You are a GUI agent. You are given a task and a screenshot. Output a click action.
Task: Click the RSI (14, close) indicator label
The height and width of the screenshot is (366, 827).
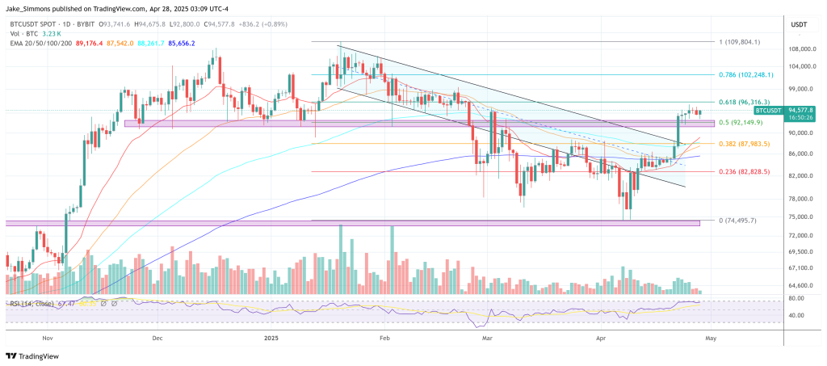[x=32, y=303]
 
